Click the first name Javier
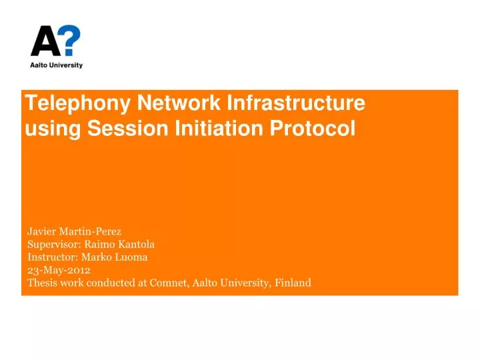pyautogui.click(x=41, y=232)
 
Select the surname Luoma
pyautogui.click(x=133, y=257)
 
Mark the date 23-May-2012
pyautogui.click(x=59, y=270)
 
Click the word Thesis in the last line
pyautogui.click(x=41, y=283)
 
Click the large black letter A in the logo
pyautogui.click(x=45, y=43)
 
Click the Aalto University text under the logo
pyautogui.click(x=57, y=65)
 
